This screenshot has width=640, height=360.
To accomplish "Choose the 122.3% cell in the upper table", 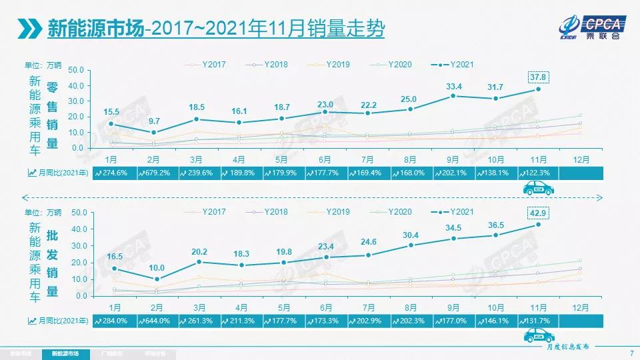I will coord(537,173).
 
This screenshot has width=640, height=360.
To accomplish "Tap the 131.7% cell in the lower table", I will coord(537,321).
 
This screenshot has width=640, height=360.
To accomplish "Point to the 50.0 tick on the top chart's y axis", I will coord(75,70).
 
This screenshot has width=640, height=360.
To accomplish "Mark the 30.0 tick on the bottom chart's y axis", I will coord(75,246).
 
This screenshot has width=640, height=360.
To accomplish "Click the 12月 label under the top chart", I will coord(581,159).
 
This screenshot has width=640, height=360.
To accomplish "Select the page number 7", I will coord(631,353).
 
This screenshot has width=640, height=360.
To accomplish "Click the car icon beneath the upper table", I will coord(539,189).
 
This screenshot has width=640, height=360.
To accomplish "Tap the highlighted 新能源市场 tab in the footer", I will coord(65,353).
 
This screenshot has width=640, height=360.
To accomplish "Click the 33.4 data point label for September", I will coord(453,87).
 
